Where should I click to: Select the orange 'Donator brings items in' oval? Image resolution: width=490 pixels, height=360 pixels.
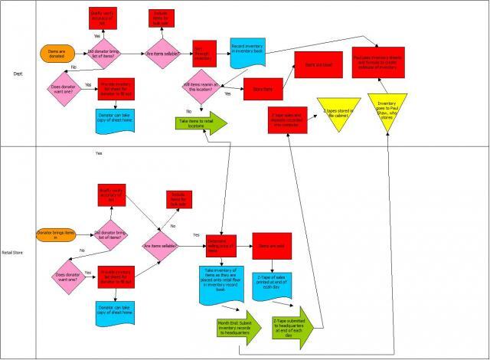[x=55, y=234]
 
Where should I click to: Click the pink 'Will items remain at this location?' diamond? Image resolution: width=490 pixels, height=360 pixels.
[x=202, y=89]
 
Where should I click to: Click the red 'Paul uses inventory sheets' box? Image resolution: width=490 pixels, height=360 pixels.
[x=378, y=61]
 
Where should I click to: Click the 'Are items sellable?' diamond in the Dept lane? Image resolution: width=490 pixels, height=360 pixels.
[x=166, y=54]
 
